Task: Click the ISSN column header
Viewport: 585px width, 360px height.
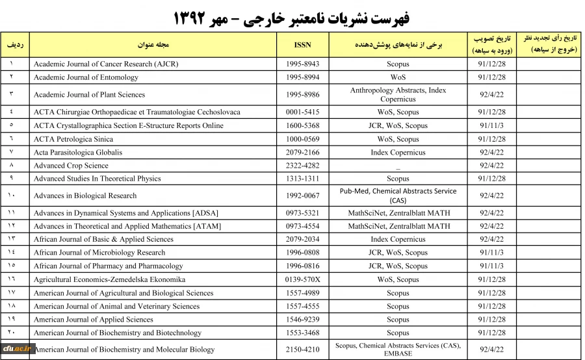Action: click(303, 45)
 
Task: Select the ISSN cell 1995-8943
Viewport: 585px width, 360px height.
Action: click(303, 64)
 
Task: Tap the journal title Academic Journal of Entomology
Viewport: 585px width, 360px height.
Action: click(86, 77)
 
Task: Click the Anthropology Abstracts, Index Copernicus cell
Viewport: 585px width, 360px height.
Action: click(398, 95)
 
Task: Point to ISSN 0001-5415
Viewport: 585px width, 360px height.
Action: click(303, 112)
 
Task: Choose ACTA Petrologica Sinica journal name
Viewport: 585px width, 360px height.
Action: click(74, 139)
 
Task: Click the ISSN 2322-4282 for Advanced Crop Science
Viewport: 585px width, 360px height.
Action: click(303, 166)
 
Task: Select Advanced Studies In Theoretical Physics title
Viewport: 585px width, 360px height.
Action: click(97, 179)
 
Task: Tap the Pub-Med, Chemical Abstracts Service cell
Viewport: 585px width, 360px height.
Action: click(398, 196)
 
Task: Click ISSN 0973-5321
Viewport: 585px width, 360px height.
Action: click(303, 213)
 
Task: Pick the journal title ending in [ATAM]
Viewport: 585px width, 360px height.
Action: click(127, 226)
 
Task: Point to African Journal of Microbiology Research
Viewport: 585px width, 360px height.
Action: click(99, 253)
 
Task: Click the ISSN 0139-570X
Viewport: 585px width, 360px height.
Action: click(303, 279)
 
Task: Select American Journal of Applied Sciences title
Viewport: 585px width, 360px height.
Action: click(94, 320)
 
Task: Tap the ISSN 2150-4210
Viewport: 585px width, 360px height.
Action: click(303, 350)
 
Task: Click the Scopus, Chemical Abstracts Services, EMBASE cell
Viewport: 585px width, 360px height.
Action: click(398, 350)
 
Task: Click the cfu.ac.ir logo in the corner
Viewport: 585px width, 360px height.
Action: click(17, 348)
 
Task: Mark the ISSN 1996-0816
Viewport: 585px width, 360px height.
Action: click(303, 266)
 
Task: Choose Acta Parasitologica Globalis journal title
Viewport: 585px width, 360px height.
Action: click(78, 153)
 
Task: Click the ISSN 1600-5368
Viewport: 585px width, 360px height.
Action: click(303, 126)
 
